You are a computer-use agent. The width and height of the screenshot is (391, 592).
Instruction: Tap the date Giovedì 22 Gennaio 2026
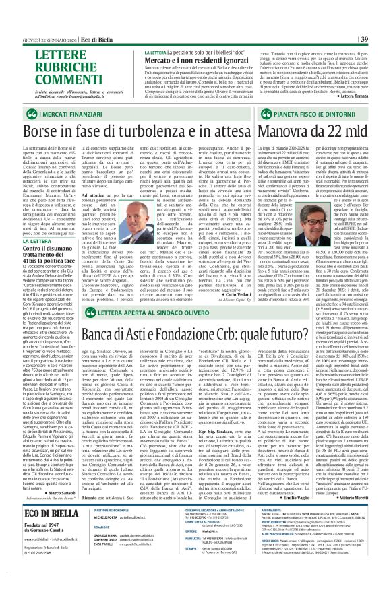tap(36, 6)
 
